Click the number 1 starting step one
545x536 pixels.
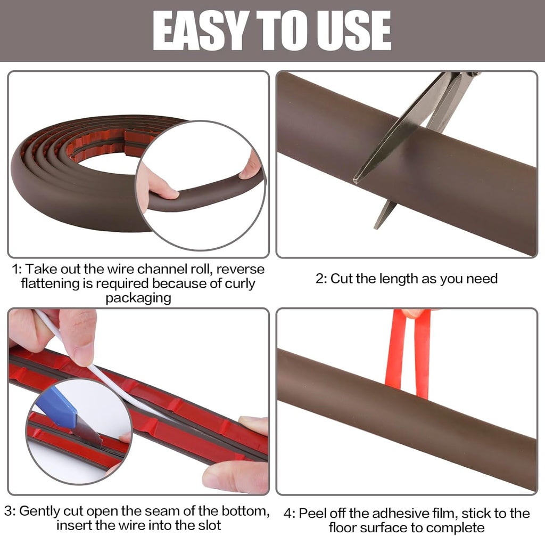(x=15, y=269)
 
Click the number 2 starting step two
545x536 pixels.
(x=320, y=279)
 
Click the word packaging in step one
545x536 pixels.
(x=138, y=297)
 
